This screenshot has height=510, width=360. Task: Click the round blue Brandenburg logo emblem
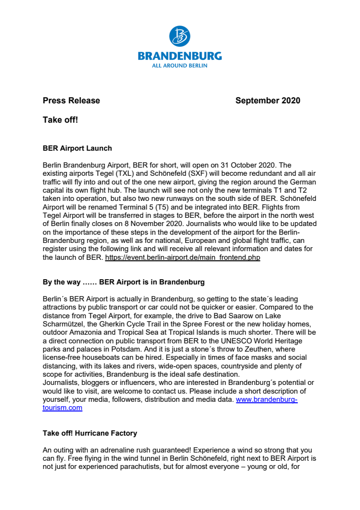pos(180,37)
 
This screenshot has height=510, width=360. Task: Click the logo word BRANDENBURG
pos(180,56)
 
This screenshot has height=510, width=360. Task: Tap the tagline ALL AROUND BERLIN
pos(180,66)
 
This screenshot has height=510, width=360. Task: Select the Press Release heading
pos(71,101)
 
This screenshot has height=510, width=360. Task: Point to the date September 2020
pos(267,101)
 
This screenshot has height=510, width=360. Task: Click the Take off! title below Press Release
pos(60,120)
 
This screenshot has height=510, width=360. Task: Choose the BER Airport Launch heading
pos(77,149)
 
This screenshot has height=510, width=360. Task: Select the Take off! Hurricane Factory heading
pos(90,434)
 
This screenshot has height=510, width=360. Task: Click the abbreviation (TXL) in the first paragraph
pos(125,172)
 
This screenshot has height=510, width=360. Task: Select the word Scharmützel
pos(64,325)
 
